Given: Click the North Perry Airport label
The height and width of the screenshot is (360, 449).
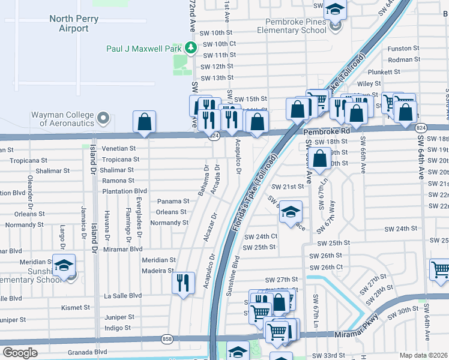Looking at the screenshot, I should click(x=74, y=23).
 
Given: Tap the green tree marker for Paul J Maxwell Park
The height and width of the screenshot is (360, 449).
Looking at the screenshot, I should click(x=190, y=47).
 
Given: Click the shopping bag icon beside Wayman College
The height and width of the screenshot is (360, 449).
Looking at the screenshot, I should click(x=145, y=122).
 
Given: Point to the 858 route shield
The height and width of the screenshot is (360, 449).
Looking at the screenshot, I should click(x=166, y=340).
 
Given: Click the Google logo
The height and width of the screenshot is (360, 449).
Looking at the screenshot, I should click(x=20, y=353).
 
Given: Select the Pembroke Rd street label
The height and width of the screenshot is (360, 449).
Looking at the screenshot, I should click(x=326, y=131).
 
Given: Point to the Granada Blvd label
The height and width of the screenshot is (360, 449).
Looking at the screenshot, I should click(x=88, y=352).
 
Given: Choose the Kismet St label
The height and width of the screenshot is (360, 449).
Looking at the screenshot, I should click(x=76, y=307).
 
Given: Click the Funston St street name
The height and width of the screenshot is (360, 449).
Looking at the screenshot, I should click(x=403, y=49).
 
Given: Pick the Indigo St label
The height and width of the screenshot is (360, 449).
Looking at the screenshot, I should click(x=117, y=328).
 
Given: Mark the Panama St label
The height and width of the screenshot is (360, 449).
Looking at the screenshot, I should click(x=173, y=202).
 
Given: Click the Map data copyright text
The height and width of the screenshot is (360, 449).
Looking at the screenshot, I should click(x=423, y=355).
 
